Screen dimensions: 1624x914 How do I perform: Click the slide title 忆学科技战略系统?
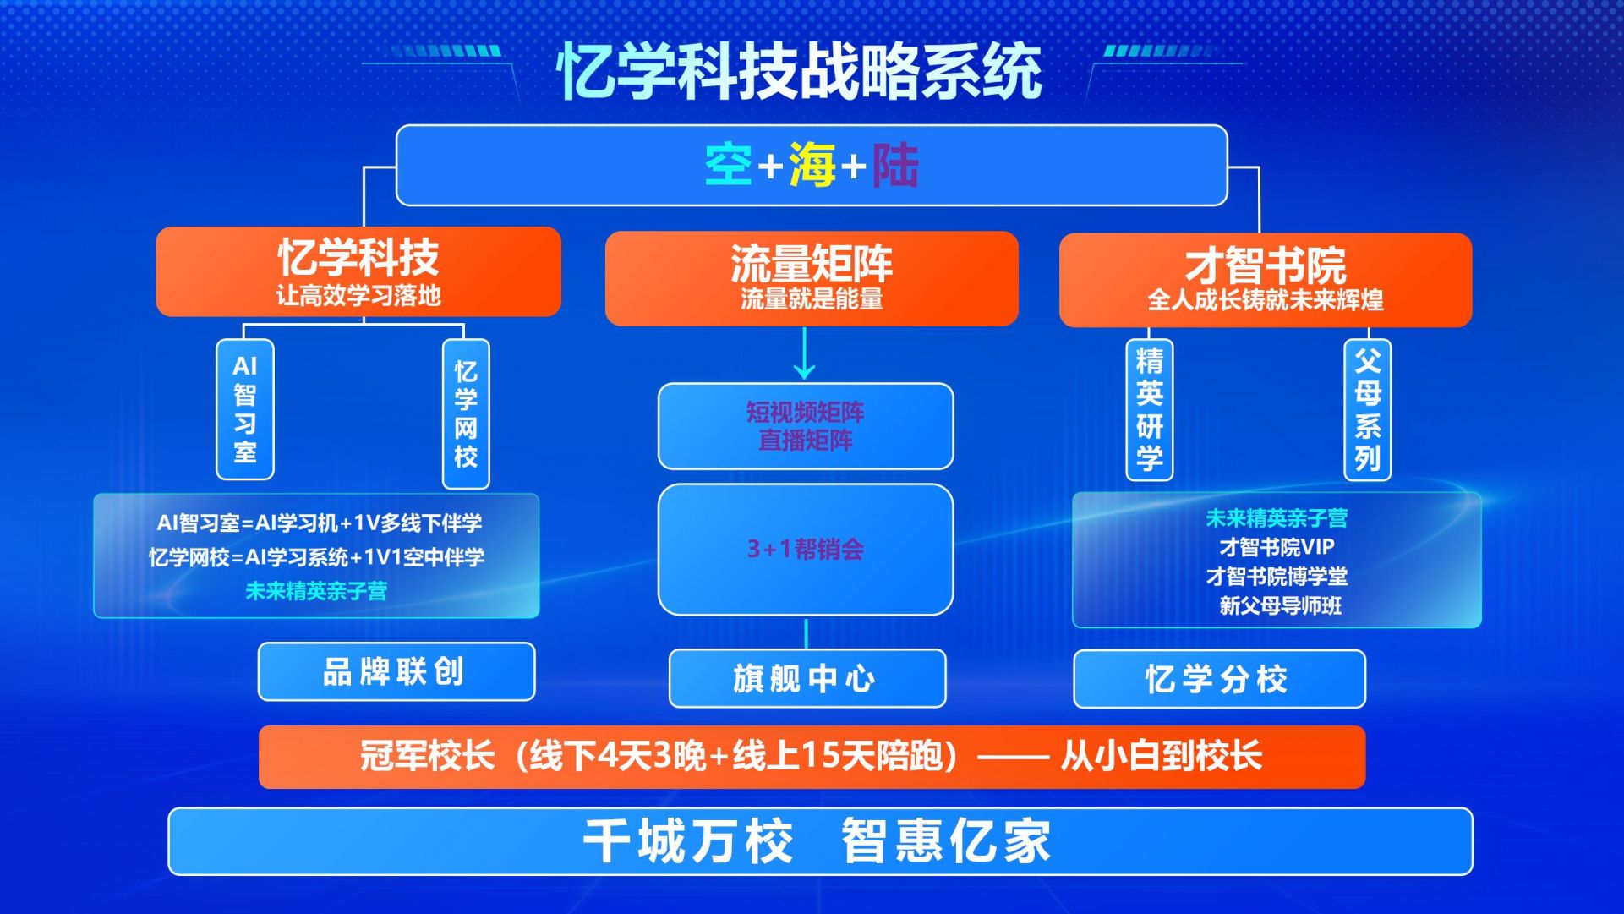click(799, 71)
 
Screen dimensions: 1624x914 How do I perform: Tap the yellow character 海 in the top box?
click(812, 164)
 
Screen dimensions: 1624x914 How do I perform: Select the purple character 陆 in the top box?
click(895, 164)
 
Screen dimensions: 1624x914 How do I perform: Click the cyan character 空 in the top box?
click(729, 164)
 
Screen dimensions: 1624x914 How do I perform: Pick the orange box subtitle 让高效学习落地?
click(358, 295)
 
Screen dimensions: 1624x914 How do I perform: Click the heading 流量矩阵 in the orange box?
click(812, 263)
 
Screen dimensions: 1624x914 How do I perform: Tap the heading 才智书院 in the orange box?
click(1266, 265)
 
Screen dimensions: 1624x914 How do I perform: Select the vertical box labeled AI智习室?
click(245, 409)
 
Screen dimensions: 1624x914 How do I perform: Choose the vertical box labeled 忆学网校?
click(466, 414)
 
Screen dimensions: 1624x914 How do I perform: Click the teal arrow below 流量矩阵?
click(805, 353)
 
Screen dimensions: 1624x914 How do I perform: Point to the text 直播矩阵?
click(806, 441)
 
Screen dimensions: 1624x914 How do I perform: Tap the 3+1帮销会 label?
click(806, 550)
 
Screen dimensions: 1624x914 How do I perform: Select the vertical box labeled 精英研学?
click(1150, 410)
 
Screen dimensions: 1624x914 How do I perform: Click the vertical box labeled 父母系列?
click(1368, 410)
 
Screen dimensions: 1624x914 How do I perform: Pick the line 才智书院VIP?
click(1277, 547)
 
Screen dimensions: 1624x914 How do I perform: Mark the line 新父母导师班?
click(1280, 605)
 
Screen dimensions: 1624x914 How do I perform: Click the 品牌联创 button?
click(396, 671)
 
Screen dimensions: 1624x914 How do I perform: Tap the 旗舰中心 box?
click(807, 678)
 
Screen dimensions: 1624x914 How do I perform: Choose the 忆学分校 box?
click(1220, 679)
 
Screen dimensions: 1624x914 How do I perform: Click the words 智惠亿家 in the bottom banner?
click(946, 841)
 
